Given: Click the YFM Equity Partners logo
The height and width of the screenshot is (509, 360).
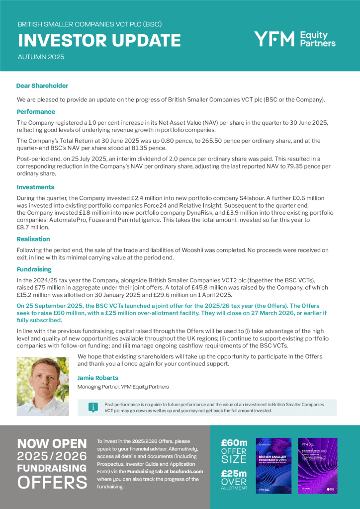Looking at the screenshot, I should tap(294, 39).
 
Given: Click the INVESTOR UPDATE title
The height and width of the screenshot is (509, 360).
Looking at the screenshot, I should tap(99, 40).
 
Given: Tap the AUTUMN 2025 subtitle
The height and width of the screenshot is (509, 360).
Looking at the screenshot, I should tap(41, 57).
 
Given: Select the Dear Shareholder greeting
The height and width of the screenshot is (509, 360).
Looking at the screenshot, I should tap(42, 86).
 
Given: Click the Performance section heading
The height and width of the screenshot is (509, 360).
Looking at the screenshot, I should tap(36, 112).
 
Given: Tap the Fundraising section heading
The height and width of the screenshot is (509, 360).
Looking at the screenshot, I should tap(34, 269).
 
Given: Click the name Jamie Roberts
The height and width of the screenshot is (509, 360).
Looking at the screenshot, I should tap(98, 378).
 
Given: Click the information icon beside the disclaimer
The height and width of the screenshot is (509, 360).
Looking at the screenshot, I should tap(92, 408).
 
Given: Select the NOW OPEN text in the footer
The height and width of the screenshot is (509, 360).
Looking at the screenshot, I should tap(52, 443).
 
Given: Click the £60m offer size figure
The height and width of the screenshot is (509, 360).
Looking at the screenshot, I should tap(234, 443).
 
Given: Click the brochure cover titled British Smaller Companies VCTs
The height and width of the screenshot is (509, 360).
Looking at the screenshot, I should tap(273, 466).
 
